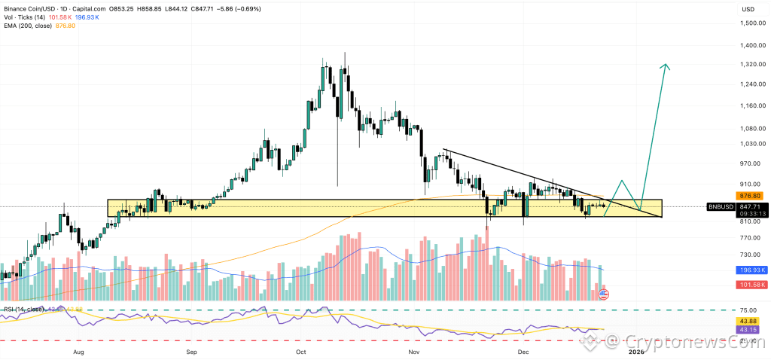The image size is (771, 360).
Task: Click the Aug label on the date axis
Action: point(78,352)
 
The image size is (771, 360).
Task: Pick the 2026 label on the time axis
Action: point(635,352)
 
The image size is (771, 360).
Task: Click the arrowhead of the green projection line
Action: point(666,67)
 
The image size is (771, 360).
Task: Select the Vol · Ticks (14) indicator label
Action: point(26,17)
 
